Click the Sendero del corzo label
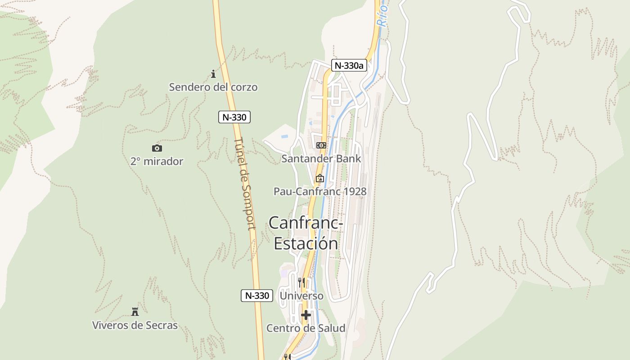tap(213, 87)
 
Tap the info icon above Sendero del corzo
tap(213, 74)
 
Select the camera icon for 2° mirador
tap(157, 148)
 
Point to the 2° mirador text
tap(157, 161)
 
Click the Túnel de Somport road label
tap(245, 184)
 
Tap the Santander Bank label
tap(321, 158)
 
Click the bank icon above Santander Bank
tap(321, 145)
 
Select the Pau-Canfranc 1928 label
tap(320, 191)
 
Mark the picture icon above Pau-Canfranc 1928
tap(319, 178)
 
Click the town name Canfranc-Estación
tap(306, 233)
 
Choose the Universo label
tap(301, 296)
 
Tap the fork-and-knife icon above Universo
tap(301, 283)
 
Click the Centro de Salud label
tap(306, 328)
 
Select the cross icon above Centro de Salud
tap(306, 315)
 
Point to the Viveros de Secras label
tap(135, 325)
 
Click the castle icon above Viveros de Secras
tap(135, 311)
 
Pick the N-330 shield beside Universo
tap(256, 296)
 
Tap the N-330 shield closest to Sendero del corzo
tap(234, 117)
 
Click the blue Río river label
tap(382, 13)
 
